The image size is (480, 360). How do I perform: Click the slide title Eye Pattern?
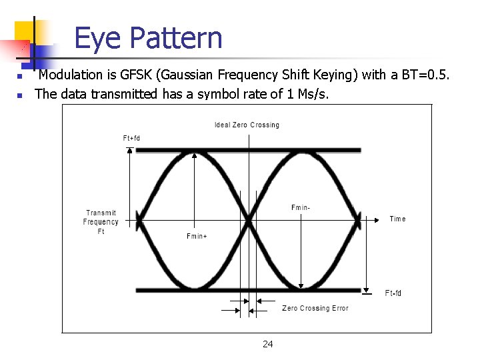pos(148,38)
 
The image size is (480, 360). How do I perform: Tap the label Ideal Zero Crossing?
pos(247,125)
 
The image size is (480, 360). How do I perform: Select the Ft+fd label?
pos(131,138)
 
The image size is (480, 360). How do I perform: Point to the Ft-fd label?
pos(393,293)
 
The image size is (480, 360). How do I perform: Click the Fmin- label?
pos(301,208)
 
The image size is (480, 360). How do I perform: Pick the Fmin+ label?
pos(197,236)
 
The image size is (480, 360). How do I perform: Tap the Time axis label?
pos(397,219)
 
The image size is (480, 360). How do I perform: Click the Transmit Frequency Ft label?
pos(101,222)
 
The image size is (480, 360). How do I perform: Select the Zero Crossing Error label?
pos(315,308)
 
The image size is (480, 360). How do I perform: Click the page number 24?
pos(267,344)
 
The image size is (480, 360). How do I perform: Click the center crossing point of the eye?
pos(249,218)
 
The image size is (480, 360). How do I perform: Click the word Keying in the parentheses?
pos(329,75)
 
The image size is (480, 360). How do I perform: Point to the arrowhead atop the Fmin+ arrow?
pos(195,154)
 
